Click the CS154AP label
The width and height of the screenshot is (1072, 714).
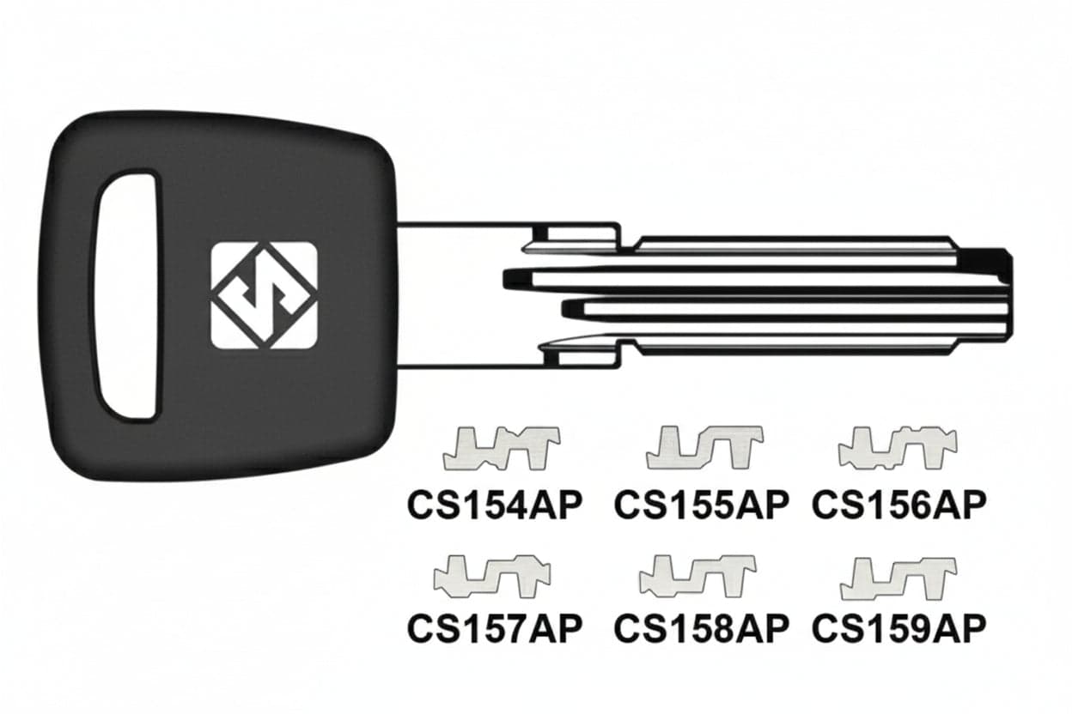(x=495, y=505)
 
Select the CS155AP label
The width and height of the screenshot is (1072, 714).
(x=701, y=505)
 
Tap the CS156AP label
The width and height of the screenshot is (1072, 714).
(x=899, y=505)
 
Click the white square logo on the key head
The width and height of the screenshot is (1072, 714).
(x=264, y=295)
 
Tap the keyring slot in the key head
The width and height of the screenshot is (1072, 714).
(x=128, y=293)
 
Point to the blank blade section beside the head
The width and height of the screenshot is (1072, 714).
(x=460, y=295)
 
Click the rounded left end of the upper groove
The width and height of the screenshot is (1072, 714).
(x=511, y=278)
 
